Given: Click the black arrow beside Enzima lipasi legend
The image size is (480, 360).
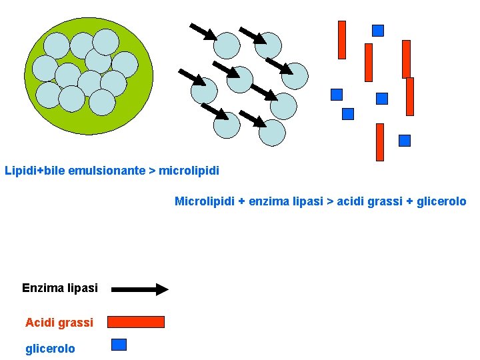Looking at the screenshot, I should [140, 289].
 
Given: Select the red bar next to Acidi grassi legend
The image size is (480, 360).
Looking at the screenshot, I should [136, 322].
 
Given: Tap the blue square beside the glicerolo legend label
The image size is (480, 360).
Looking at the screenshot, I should [119, 345].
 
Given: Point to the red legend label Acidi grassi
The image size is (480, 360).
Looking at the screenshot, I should [59, 323].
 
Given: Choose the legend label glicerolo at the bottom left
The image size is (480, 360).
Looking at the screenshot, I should [50, 349].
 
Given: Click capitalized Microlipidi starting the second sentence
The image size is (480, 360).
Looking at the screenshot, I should [205, 201].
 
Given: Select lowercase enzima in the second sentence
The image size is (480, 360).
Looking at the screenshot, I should [270, 201].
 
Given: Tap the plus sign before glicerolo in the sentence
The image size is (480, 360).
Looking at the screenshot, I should [410, 201].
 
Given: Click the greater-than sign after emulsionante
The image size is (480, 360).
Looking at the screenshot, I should [152, 171].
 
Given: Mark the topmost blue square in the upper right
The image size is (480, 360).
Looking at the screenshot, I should [378, 30].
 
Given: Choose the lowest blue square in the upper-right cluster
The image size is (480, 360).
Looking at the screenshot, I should [405, 141].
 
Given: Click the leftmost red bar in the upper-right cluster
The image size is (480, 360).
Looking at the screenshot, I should [342, 40].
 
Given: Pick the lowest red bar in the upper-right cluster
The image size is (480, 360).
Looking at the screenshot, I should [380, 142].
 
